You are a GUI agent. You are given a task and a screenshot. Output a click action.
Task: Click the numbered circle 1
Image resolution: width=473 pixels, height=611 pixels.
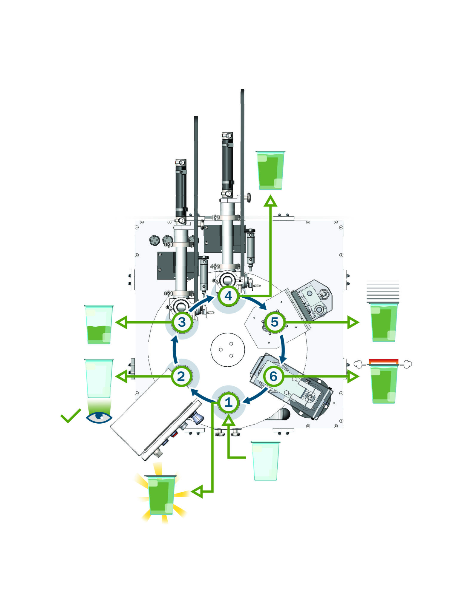pos(228,402)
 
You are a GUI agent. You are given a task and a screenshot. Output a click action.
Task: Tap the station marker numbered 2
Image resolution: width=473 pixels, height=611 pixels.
pos(181,376)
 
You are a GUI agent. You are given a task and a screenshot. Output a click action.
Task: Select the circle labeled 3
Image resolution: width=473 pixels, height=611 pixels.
pos(182,322)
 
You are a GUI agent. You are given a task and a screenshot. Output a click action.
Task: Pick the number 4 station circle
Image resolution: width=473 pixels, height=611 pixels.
pos(228,296)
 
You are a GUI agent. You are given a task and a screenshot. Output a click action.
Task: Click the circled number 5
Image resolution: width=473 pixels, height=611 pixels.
pos(274,322)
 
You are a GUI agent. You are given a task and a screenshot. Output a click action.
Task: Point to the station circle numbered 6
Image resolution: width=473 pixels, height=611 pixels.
pos(273,376)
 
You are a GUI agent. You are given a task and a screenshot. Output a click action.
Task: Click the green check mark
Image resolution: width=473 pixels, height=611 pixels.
pos(71,416)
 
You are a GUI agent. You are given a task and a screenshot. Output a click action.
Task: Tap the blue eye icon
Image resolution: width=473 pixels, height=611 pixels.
pos(99,417)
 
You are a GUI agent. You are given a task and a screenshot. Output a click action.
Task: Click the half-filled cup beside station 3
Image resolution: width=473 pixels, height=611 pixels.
pos(99,325)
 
